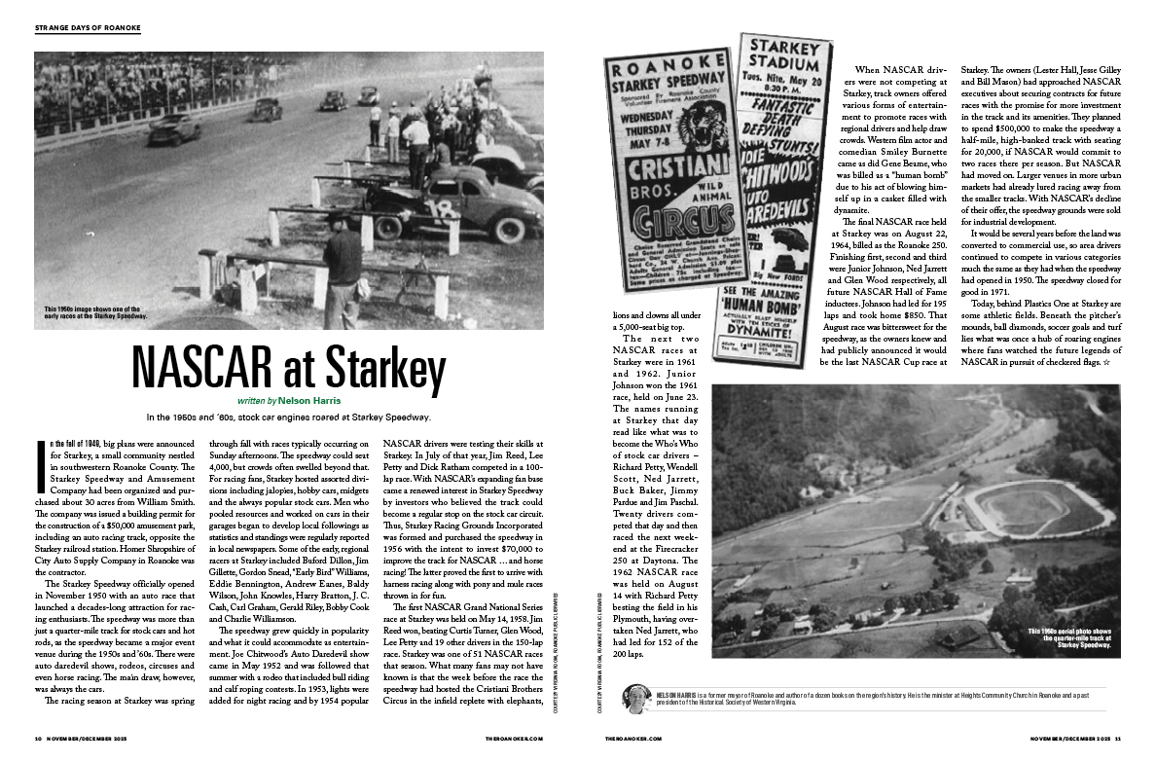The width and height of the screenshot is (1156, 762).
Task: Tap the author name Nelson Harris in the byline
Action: click(x=312, y=400)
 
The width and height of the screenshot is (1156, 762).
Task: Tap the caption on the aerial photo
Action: click(x=1077, y=637)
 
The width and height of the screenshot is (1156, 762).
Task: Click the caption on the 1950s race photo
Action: click(x=94, y=312)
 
